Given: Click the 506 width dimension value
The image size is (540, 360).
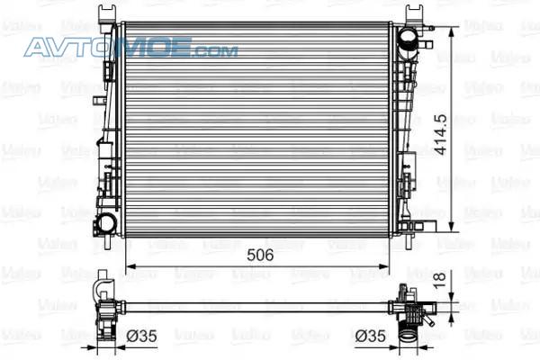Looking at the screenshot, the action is [260, 255].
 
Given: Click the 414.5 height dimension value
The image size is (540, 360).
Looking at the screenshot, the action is [440, 134].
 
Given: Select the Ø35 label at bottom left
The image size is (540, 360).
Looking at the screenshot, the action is [141, 336].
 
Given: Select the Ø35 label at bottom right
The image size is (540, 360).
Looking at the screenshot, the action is [371, 336].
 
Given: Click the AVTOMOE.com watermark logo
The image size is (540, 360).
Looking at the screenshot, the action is [130, 47].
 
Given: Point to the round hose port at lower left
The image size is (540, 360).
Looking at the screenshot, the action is [105, 223].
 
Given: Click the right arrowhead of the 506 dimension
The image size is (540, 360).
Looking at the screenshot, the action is [383, 266].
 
